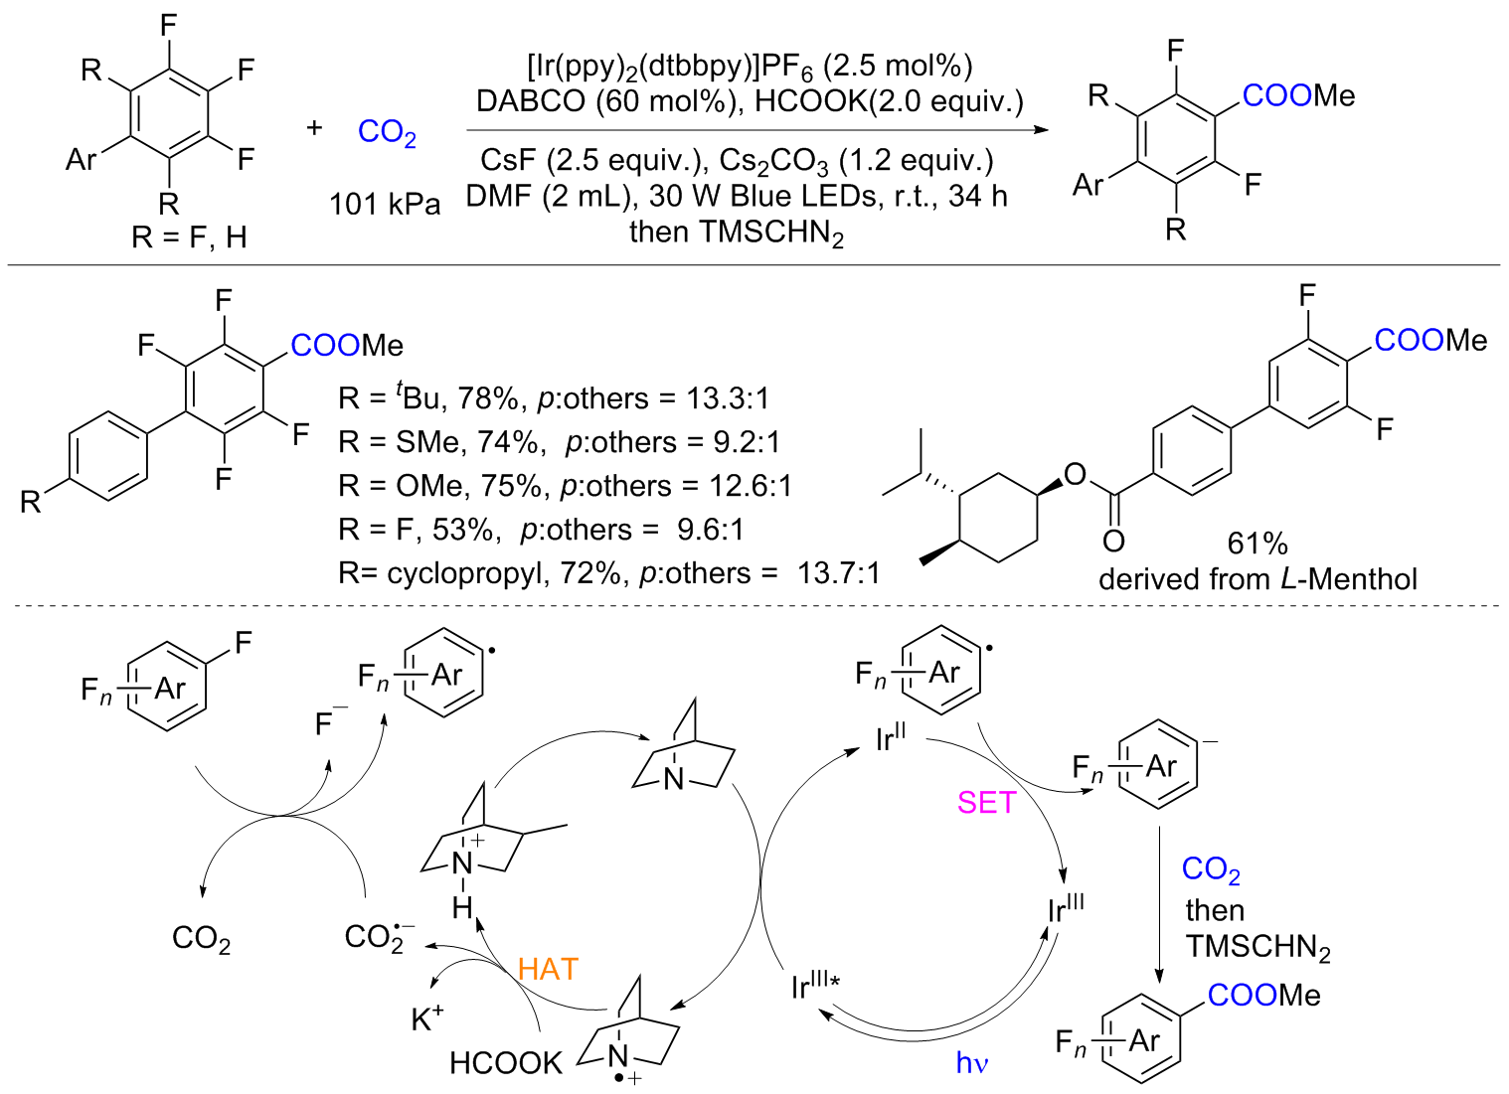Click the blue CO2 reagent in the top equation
pos(387,132)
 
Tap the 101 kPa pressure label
pos(385,205)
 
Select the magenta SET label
pos(986,802)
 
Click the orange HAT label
pos(548,969)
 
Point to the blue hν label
pos(972,1063)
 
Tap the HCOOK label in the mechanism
pos(506,1063)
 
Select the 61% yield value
pos(1257,544)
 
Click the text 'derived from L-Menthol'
pos(1257,578)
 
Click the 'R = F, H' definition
pos(189,237)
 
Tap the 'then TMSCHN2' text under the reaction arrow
pos(737,234)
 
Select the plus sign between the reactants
pos(314,127)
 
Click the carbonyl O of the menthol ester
pos(1113,541)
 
